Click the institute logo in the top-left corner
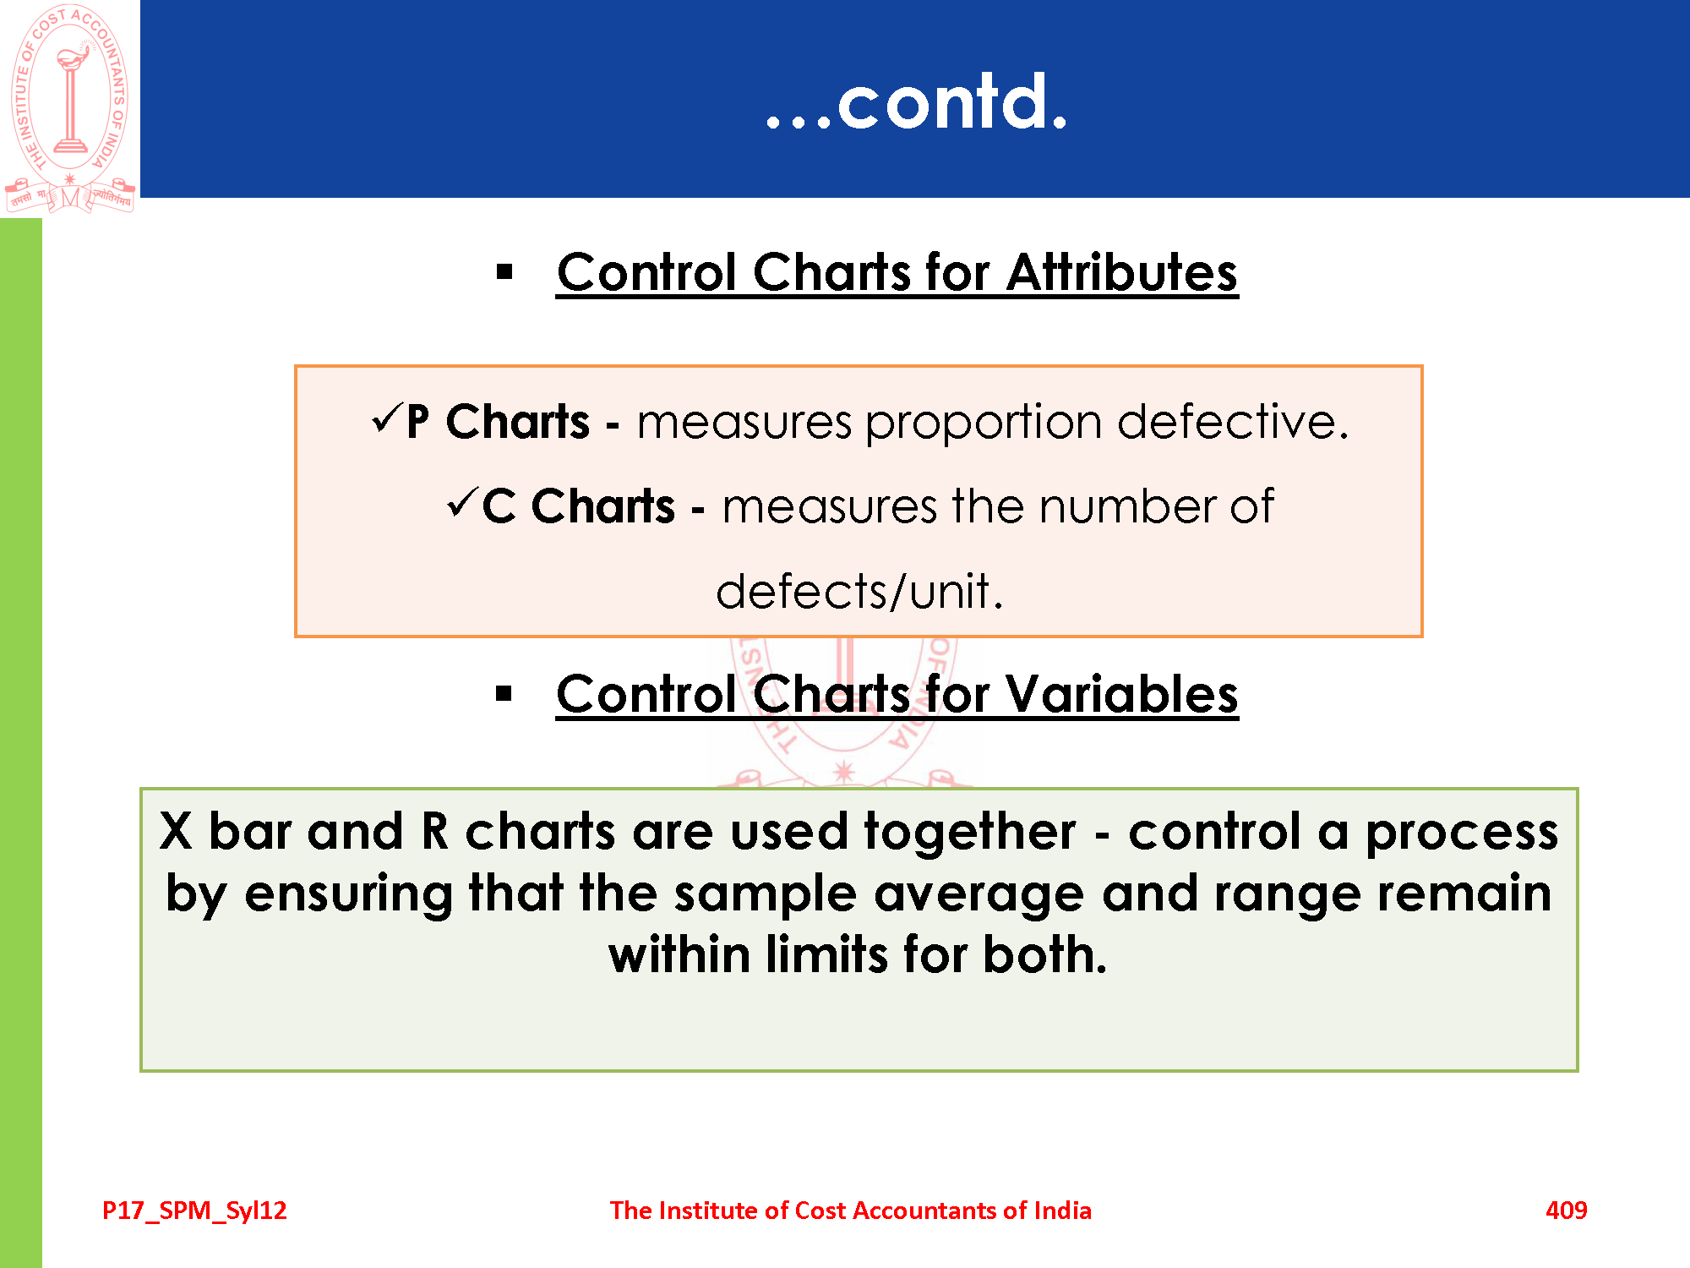pyautogui.click(x=69, y=108)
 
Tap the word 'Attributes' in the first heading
pyautogui.click(x=1122, y=273)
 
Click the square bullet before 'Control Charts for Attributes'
pyautogui.click(x=504, y=272)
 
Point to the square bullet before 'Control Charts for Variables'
pyautogui.click(x=504, y=694)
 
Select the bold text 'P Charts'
pyautogui.click(x=498, y=421)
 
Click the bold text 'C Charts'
pyautogui.click(x=579, y=506)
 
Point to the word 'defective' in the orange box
pyautogui.click(x=1233, y=421)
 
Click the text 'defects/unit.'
pyautogui.click(x=859, y=591)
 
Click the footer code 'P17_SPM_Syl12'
pyautogui.click(x=194, y=1211)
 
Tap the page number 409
pyautogui.click(x=1567, y=1210)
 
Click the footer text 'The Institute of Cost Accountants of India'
pyautogui.click(x=851, y=1210)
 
